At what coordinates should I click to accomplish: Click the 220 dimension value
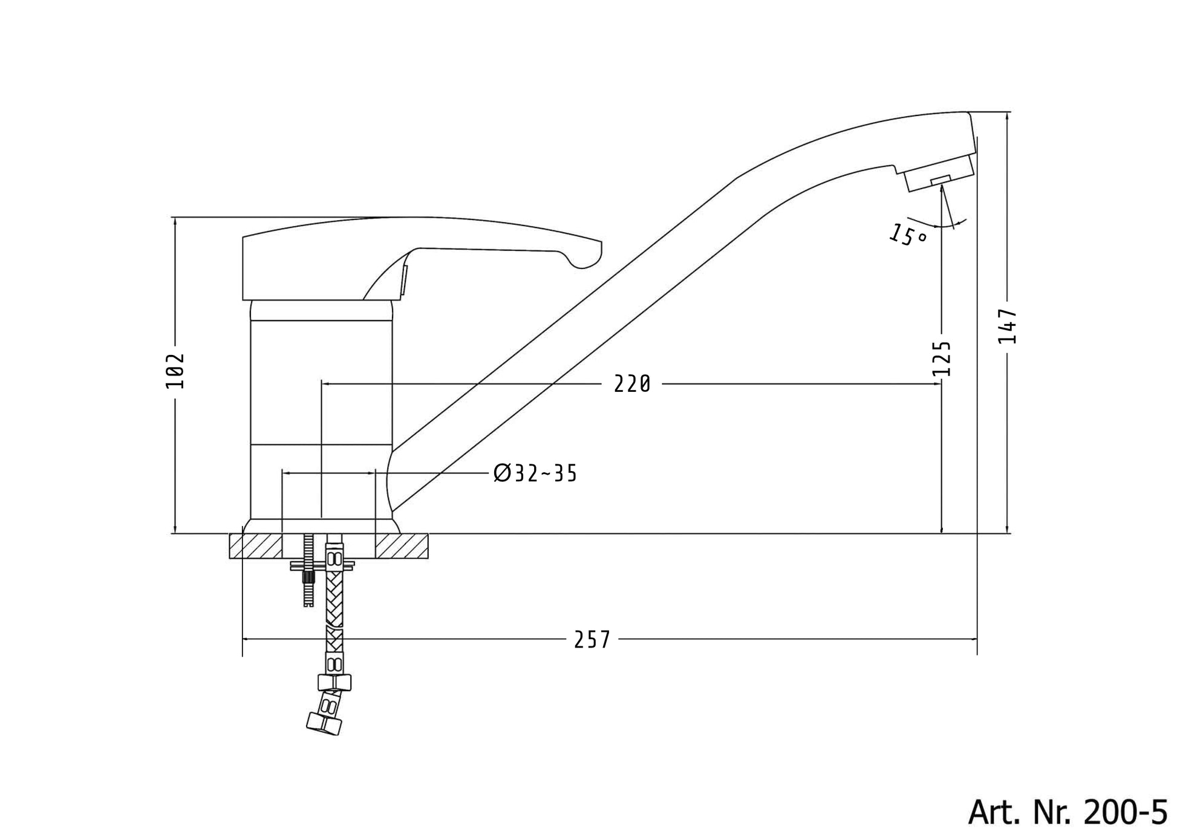632,384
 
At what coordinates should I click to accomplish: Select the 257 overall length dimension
592,640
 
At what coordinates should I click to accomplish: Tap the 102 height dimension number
175,371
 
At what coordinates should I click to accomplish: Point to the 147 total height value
1007,327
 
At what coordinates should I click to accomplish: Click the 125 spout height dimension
942,359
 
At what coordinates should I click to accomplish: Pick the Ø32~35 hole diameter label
535,473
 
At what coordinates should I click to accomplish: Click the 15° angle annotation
907,235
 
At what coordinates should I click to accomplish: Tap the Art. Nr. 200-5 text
1068,812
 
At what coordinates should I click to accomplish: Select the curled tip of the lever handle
587,257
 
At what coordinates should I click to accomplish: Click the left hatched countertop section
256,547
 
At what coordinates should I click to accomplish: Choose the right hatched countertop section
402,547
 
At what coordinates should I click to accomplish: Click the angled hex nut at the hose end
324,724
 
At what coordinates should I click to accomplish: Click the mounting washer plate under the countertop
322,565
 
